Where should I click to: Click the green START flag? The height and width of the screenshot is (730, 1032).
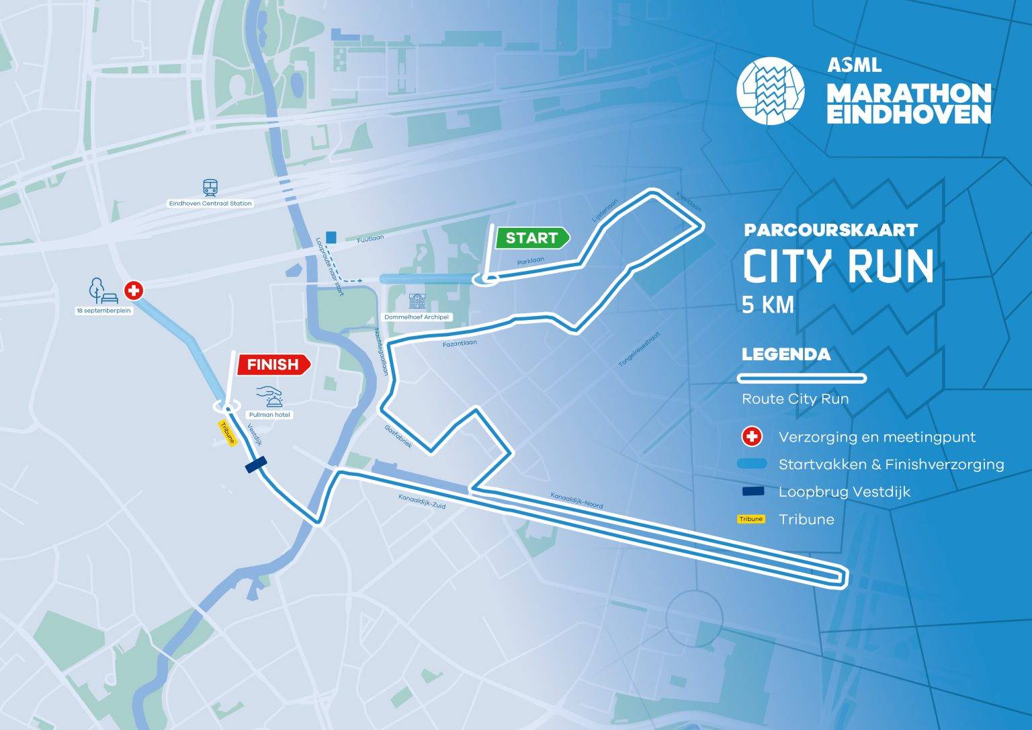(x=531, y=238)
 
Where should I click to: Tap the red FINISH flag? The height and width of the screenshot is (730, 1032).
(x=273, y=364)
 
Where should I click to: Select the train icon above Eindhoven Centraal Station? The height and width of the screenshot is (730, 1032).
(x=210, y=188)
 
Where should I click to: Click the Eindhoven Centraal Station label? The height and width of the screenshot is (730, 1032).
(x=210, y=203)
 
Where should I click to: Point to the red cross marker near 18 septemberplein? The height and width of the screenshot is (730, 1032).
(x=134, y=290)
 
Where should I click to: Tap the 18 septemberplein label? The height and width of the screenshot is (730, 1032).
(x=103, y=311)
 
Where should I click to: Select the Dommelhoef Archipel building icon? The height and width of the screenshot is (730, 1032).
(x=417, y=301)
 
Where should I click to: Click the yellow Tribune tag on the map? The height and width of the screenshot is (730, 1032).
(x=228, y=432)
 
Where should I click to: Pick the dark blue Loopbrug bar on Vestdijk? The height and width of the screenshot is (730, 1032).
(x=256, y=464)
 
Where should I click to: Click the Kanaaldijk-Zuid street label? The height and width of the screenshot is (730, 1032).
(x=422, y=501)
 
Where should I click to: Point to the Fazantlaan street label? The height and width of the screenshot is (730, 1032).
(x=460, y=343)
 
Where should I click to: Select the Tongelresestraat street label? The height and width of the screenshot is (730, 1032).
(x=639, y=350)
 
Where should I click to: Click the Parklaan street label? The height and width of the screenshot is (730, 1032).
(x=531, y=261)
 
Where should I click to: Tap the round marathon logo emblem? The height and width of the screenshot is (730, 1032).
(x=770, y=91)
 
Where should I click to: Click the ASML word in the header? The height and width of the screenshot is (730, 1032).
(x=854, y=65)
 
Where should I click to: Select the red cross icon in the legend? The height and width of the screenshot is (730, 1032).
(x=751, y=437)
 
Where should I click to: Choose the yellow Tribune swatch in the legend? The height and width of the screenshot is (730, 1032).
(x=751, y=519)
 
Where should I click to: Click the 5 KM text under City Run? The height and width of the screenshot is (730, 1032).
(x=768, y=305)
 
